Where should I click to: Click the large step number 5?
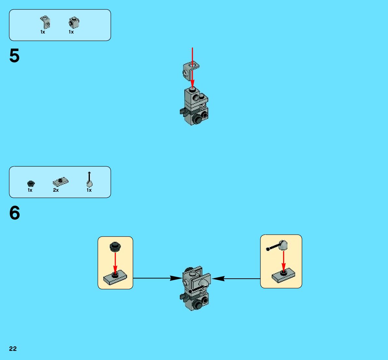point(14,56)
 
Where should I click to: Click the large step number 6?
point(15,213)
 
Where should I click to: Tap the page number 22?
point(13,349)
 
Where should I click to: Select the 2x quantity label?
point(56,190)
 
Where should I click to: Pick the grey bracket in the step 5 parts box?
point(45,22)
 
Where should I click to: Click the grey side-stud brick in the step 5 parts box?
point(74,22)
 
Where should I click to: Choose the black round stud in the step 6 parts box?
point(31,184)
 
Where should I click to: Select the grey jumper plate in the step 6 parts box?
point(60,181)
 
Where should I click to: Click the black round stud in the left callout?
point(115,246)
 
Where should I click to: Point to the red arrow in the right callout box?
point(283,260)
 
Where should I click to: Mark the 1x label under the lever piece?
point(89,190)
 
